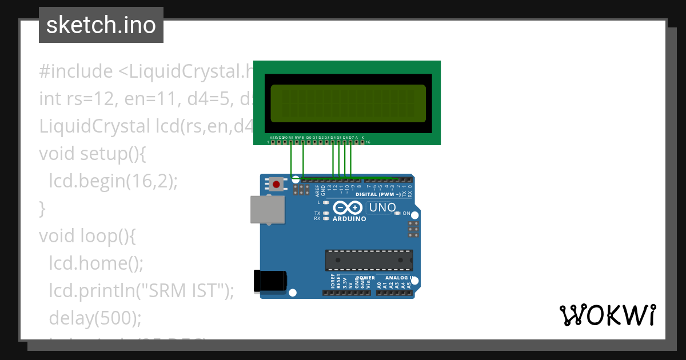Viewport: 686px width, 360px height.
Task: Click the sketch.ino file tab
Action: (x=101, y=25)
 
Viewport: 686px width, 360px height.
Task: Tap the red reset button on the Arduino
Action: (x=277, y=184)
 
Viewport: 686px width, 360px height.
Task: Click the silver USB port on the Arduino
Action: (x=268, y=209)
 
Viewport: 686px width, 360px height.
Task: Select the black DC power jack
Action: (x=269, y=281)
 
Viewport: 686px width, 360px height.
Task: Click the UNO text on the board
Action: (x=382, y=207)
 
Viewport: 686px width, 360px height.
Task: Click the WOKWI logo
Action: (x=607, y=315)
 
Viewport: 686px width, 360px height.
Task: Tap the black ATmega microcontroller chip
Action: (x=369, y=260)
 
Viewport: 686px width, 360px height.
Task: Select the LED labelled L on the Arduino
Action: (x=326, y=202)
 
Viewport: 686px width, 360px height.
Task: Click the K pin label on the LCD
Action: (x=362, y=138)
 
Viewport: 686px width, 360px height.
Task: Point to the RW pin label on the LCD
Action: (x=297, y=138)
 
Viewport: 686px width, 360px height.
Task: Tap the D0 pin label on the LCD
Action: (x=309, y=138)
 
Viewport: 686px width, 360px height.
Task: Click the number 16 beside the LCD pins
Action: (x=368, y=142)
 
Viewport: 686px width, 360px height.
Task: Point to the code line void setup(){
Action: (x=93, y=154)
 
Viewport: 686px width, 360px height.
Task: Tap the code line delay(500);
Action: (x=94, y=317)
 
